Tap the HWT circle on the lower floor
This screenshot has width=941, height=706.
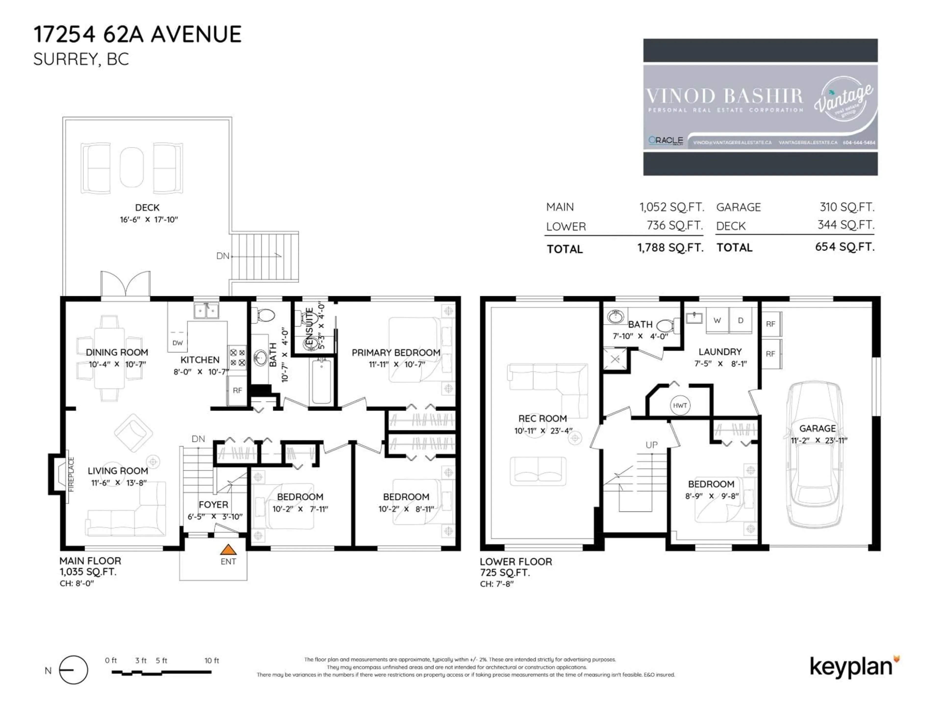pyautogui.click(x=680, y=405)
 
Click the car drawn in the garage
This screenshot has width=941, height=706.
pyautogui.click(x=814, y=455)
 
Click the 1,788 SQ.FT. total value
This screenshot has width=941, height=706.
pyautogui.click(x=670, y=248)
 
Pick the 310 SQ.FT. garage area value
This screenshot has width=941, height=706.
pyautogui.click(x=847, y=207)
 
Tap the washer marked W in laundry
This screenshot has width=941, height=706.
pyautogui.click(x=717, y=320)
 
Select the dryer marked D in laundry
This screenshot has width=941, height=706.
pyautogui.click(x=741, y=320)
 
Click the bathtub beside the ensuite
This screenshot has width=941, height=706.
pyautogui.click(x=322, y=381)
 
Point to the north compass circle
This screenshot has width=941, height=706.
pyautogui.click(x=74, y=670)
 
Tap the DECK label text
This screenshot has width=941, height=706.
pyautogui.click(x=147, y=208)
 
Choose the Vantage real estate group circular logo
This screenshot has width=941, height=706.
pyautogui.click(x=843, y=99)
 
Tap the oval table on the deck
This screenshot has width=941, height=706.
pyautogui.click(x=131, y=167)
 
